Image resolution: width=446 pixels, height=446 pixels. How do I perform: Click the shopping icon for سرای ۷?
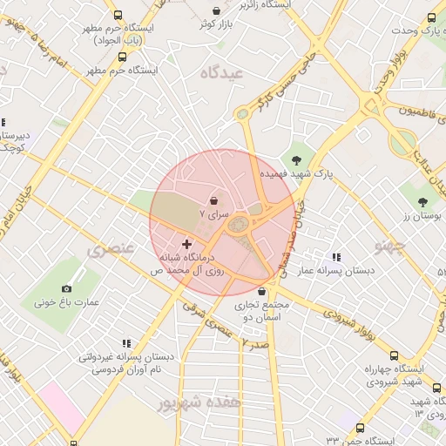(x=214, y=199)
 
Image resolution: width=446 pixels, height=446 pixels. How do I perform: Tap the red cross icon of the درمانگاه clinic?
(x=186, y=245)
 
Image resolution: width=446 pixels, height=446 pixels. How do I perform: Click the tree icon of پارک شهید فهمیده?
(x=297, y=160)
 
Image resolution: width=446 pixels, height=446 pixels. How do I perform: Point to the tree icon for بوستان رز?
(x=422, y=203)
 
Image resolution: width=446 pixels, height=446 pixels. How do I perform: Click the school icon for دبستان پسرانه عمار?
(x=335, y=257)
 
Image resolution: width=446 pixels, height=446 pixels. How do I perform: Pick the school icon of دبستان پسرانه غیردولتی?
(x=125, y=343)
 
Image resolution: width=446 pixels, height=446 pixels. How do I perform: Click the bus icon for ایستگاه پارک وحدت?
(x=431, y=17)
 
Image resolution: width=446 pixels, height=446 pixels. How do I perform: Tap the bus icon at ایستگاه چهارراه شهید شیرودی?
(x=394, y=355)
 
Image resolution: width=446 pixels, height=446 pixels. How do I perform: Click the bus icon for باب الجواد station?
(x=119, y=15)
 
